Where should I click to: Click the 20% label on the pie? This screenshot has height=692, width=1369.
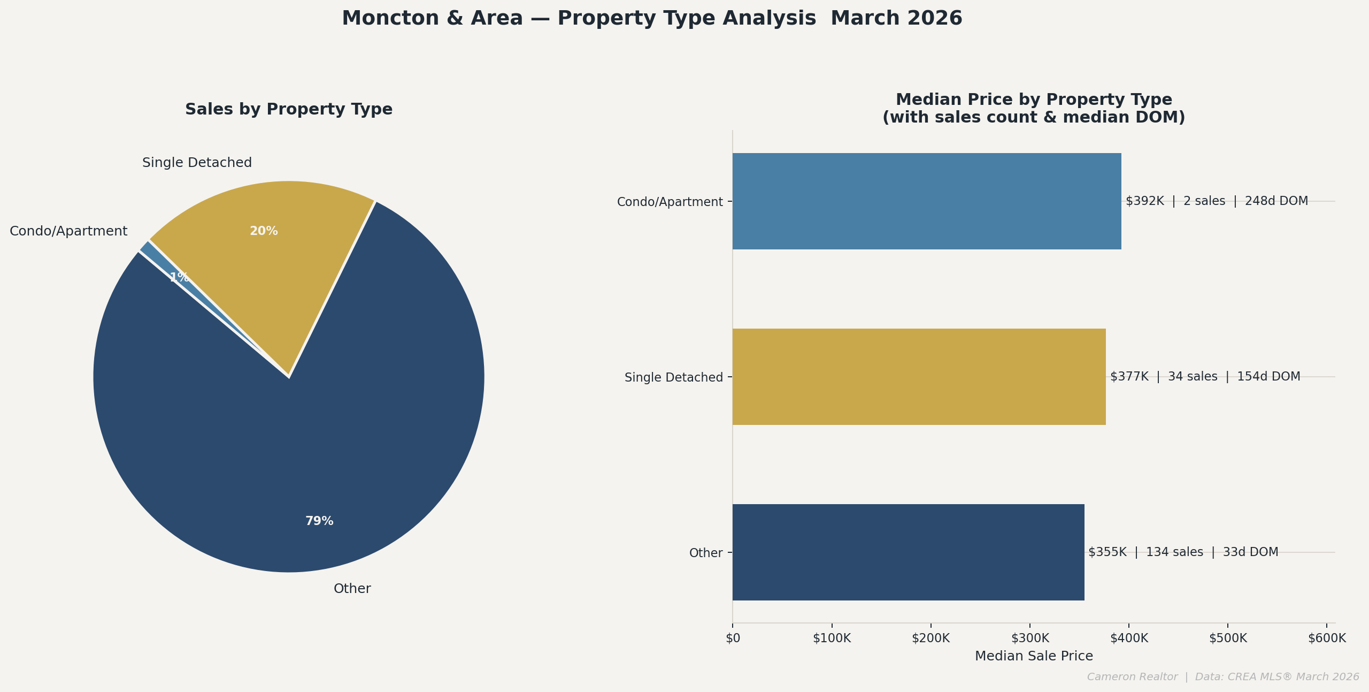(x=264, y=231)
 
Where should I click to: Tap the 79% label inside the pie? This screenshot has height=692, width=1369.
(x=319, y=521)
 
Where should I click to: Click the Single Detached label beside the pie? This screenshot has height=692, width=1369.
(x=197, y=163)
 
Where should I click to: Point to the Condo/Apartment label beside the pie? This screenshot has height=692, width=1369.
(x=68, y=231)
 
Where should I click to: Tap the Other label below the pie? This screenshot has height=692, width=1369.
(x=352, y=589)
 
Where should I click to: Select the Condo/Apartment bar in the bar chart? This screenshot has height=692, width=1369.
(x=926, y=201)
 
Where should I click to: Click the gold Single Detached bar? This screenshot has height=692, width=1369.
(x=919, y=377)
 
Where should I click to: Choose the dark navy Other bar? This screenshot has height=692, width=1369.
(x=908, y=552)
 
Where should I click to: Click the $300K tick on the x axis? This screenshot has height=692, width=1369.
(x=1030, y=638)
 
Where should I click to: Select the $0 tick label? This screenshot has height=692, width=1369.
(x=733, y=638)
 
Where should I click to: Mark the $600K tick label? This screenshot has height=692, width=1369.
(x=1327, y=638)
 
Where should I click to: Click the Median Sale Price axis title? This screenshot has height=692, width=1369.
(x=1034, y=656)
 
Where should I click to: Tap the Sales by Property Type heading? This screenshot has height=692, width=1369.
(x=289, y=109)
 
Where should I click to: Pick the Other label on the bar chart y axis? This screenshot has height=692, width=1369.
(x=706, y=553)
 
